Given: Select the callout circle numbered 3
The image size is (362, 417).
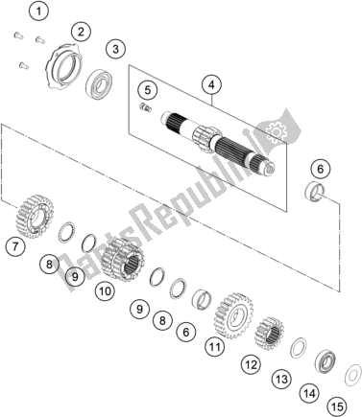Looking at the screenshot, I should point(115,49).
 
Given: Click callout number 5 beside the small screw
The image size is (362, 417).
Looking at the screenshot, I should point(147,90).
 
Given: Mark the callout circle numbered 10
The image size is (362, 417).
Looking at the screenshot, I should point(104,289).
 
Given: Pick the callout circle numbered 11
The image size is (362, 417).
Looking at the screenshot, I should point(214,345).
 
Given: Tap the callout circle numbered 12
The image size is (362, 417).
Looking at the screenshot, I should point(251,364).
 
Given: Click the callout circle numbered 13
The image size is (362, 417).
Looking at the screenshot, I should point(280,381).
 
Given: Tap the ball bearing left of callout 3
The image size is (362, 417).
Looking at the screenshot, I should point(97,83).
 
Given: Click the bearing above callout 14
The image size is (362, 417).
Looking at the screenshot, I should point(327,362).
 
